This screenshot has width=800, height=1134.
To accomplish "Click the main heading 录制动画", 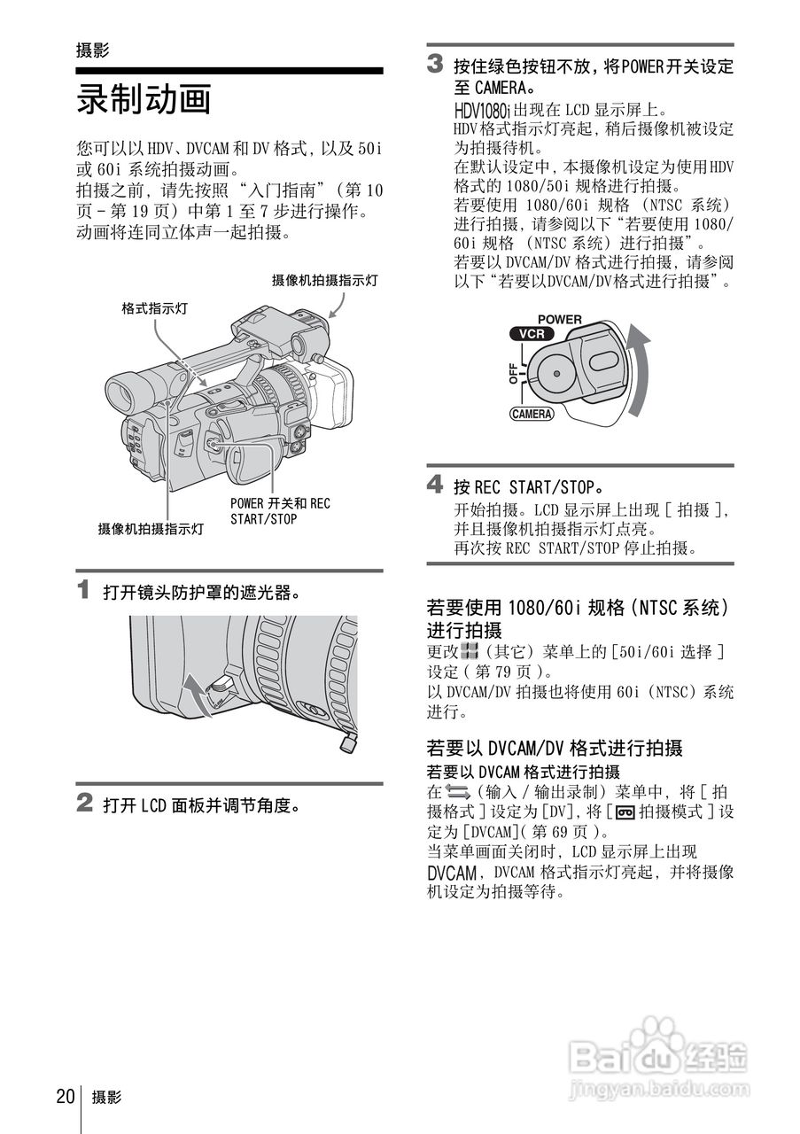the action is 144,99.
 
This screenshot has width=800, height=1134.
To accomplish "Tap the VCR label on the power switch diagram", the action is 532,334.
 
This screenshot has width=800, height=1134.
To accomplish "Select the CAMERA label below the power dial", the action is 532,414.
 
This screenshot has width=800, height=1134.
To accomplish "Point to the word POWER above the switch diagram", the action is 560,320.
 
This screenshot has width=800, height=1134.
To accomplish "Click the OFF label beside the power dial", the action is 514,374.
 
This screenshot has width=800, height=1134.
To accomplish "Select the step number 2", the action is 84,803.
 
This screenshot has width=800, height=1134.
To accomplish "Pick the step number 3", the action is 435,64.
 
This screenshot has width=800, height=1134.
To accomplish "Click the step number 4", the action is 435,484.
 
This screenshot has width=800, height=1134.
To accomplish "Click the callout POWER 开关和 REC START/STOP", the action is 280,511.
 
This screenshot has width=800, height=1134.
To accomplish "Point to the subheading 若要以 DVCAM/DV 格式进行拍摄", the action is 555,748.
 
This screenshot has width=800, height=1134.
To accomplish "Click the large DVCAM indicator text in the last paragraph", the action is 452,874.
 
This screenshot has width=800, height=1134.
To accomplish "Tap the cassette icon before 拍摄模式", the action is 625,813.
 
